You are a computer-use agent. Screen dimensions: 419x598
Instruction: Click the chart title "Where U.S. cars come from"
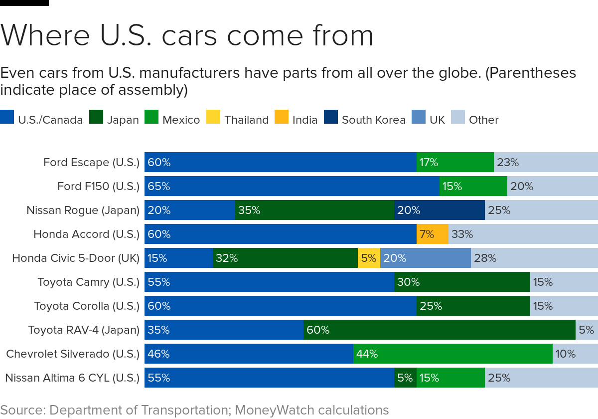point(187,35)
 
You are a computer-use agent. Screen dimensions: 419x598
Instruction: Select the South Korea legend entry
point(365,120)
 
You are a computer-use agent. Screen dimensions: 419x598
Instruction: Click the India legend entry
point(296,120)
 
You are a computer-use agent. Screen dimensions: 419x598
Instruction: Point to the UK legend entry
point(428,120)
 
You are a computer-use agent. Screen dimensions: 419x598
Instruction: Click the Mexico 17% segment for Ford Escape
point(455,162)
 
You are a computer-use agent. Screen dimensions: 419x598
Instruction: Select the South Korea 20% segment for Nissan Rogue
point(439,210)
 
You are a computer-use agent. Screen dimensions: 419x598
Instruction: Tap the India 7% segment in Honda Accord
point(432,234)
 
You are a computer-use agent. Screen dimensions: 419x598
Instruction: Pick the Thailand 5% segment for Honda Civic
point(369,258)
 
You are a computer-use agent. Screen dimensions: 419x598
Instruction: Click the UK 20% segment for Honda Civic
point(425,258)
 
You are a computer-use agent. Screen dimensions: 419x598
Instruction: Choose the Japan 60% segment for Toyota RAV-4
point(439,330)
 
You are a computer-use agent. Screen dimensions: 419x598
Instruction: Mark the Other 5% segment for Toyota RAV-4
point(587,330)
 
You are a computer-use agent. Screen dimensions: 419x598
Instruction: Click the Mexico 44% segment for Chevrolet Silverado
point(452,354)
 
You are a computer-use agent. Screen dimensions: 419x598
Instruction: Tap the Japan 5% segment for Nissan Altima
point(405,378)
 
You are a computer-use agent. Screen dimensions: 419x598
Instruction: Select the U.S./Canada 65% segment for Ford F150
point(292,186)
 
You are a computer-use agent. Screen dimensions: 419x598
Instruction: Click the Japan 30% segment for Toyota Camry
point(461,282)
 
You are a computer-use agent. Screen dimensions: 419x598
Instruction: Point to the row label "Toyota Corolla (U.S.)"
point(87,306)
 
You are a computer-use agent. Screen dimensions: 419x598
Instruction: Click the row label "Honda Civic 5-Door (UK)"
point(76,258)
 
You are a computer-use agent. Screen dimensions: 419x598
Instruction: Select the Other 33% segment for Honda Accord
point(523,234)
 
